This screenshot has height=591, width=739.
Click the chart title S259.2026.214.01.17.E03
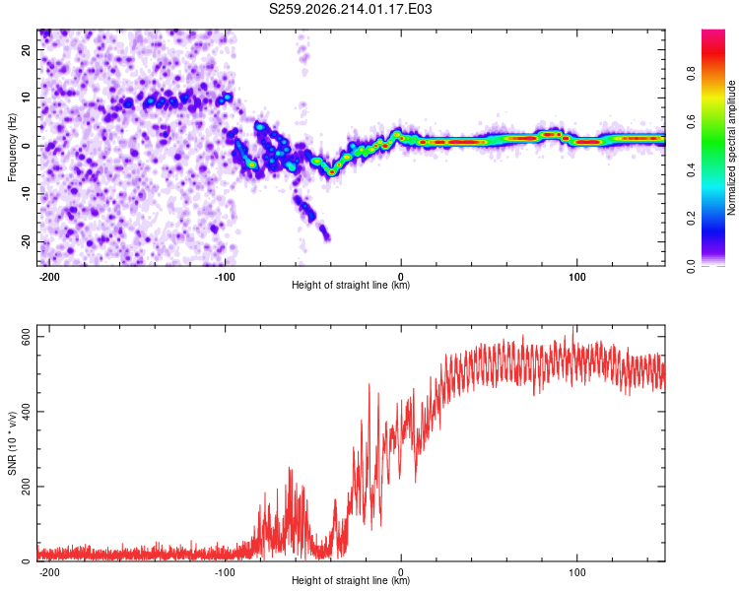coord(350,9)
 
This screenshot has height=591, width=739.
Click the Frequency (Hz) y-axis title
coord(12,148)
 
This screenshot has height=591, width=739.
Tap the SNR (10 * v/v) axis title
coord(12,443)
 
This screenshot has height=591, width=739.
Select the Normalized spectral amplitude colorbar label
coord(731,148)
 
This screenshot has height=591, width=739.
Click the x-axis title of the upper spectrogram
coord(351,285)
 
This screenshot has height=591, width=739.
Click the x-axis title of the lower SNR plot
coord(351,580)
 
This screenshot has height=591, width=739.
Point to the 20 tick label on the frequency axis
coord(26,49)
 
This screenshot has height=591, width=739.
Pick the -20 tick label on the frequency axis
coord(26,241)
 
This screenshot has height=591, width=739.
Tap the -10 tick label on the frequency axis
coord(26,194)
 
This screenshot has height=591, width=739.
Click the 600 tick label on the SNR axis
coord(26,337)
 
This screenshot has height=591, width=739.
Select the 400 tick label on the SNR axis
coord(26,412)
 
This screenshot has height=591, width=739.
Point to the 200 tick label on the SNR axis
coord(26,487)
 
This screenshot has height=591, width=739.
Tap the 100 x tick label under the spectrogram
coord(576,277)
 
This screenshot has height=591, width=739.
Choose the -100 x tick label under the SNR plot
coord(225,572)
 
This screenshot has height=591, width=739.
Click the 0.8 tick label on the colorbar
coord(691,73)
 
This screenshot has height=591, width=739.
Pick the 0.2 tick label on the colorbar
coord(691,219)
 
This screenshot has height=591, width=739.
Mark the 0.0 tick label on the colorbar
coord(691,267)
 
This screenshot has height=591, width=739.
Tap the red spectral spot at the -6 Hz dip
coord(332,172)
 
